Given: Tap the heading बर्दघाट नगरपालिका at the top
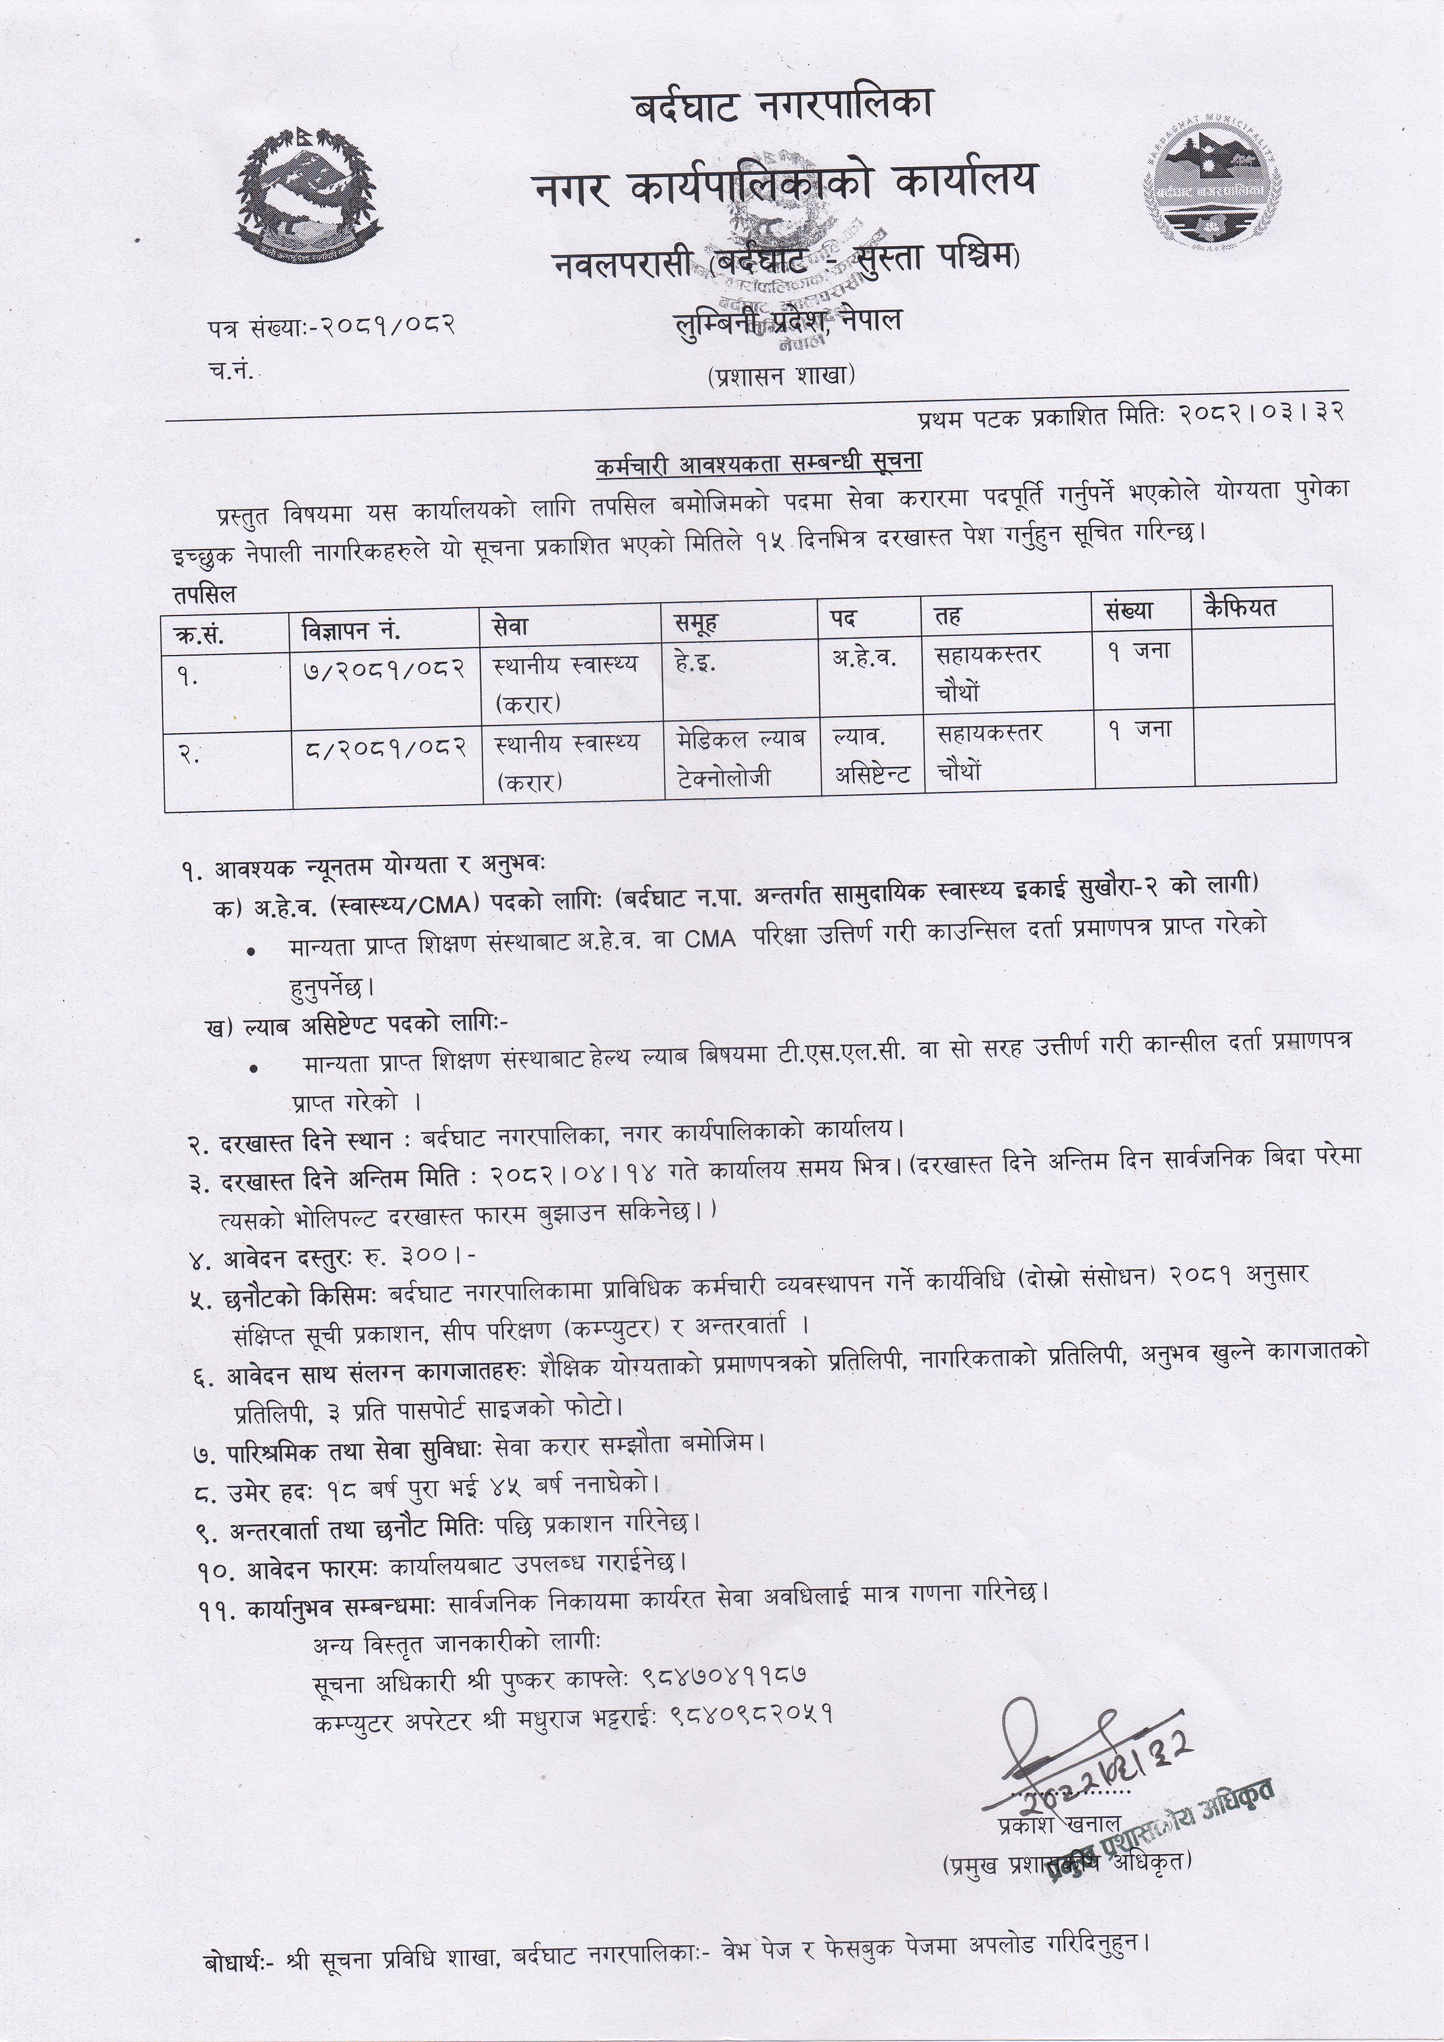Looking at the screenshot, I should [783, 106].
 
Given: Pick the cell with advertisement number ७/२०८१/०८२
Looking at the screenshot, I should [383, 668].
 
